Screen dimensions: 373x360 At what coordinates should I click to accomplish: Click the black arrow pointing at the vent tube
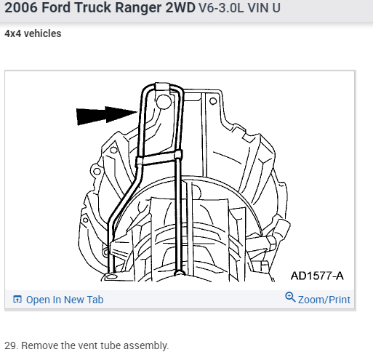(x=107, y=116)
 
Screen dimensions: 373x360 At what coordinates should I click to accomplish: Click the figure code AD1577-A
(x=317, y=276)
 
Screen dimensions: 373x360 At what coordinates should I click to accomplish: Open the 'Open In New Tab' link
(x=65, y=300)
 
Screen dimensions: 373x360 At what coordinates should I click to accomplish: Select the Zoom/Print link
(x=324, y=300)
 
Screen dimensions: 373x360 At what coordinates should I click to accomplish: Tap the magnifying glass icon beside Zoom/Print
(x=290, y=297)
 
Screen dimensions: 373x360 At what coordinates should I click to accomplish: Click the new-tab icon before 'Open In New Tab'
(x=17, y=300)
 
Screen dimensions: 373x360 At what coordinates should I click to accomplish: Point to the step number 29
(x=11, y=345)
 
